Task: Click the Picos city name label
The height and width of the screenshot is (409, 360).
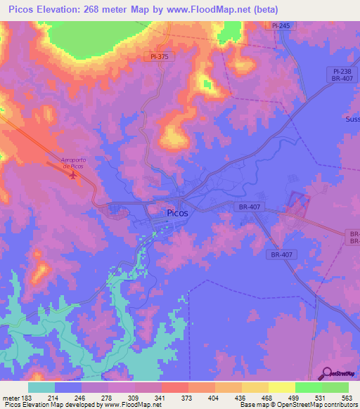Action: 176,213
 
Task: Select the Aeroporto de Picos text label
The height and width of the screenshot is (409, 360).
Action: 72,163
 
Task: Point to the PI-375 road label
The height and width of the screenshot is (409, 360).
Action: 161,56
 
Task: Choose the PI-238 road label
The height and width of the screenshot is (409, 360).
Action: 342,72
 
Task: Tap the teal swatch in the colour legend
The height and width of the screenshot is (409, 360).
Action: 41,387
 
